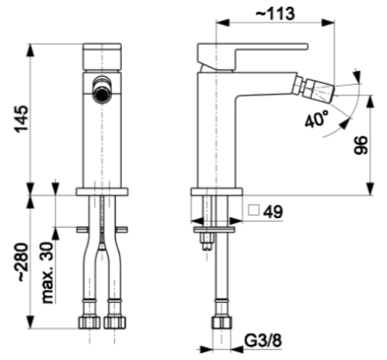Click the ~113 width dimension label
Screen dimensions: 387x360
[275, 13]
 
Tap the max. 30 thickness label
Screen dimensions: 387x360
[48, 273]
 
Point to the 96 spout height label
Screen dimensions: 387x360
[361, 145]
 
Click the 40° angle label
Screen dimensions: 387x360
[317, 119]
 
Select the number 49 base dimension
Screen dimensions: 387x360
[273, 212]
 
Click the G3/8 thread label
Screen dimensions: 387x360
[263, 341]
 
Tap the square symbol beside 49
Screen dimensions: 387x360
[254, 210]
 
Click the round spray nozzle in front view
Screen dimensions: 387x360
[102, 90]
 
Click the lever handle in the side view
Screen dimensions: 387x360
[252, 56]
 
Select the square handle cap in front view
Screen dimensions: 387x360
[102, 57]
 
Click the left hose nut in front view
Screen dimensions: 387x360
[89, 322]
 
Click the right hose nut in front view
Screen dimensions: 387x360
[114, 322]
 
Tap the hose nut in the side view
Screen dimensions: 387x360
[222, 322]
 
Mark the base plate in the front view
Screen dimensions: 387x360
[102, 191]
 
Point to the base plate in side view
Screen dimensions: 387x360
[216, 191]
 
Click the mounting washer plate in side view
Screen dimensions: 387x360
[214, 230]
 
